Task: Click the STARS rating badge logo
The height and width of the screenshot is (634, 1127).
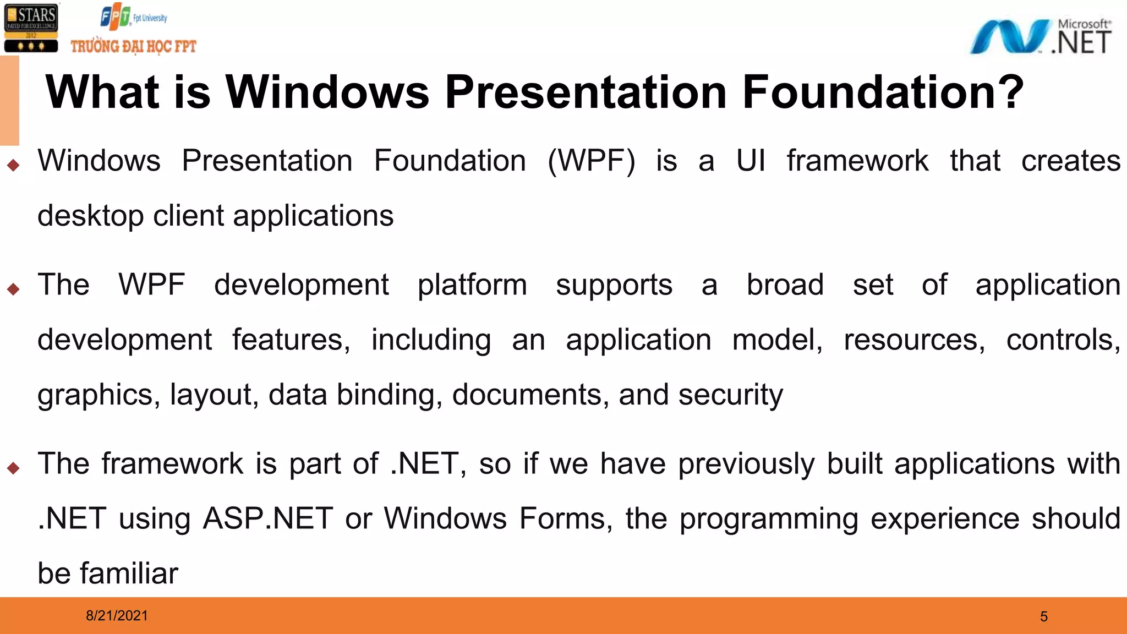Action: [31, 28]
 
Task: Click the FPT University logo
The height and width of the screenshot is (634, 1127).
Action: [133, 17]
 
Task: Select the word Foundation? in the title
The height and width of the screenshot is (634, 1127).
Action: [882, 92]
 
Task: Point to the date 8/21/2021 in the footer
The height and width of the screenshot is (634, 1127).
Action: [117, 616]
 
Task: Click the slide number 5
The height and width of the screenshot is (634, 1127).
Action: [1044, 616]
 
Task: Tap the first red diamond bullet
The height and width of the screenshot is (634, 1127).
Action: [14, 165]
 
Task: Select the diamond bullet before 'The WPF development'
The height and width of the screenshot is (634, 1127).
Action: [14, 289]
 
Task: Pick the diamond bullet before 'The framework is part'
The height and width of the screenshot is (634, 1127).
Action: [14, 468]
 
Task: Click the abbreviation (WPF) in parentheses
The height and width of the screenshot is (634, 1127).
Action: [592, 161]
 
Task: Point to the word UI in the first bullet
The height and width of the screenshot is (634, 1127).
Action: [751, 161]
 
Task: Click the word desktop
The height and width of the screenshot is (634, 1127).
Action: [90, 216]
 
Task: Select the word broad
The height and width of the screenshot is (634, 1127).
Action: [785, 285]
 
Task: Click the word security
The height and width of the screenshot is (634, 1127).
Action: [730, 395]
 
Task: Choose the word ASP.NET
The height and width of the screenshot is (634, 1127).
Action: [268, 519]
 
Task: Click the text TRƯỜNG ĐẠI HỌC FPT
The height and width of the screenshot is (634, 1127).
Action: [133, 46]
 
